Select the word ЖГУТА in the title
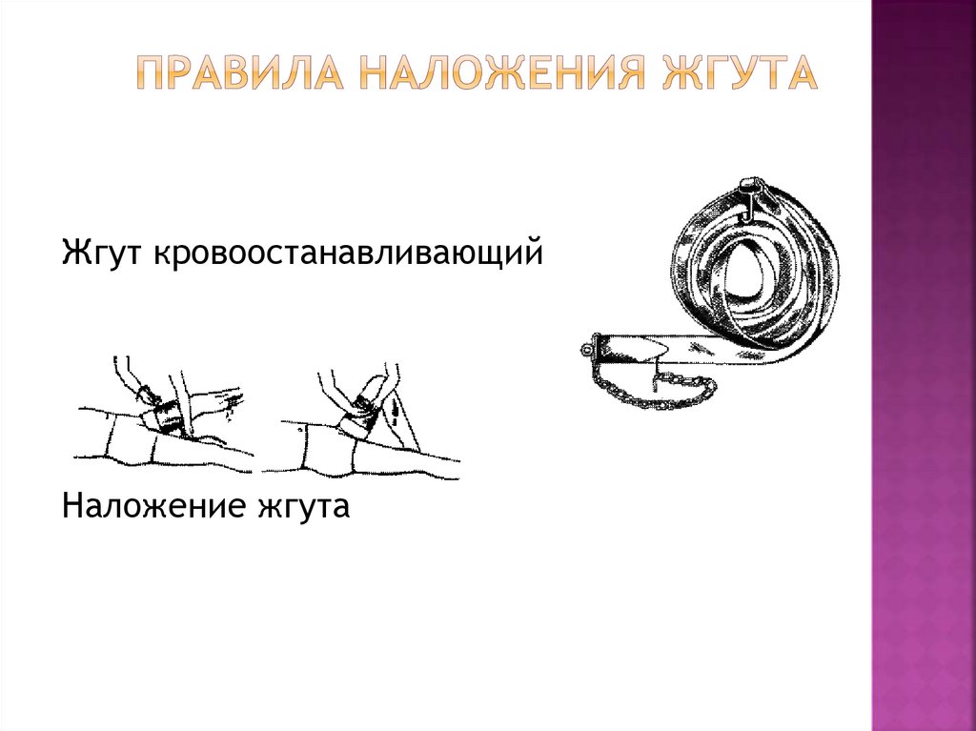coord(739,72)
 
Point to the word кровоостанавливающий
coord(348,254)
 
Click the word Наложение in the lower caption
coord(154,505)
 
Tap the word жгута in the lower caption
coord(303,508)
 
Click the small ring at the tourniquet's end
coord(585,350)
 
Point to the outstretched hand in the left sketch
coord(218,397)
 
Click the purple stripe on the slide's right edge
coord(924,366)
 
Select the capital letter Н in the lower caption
coord(72,505)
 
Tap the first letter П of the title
coord(149,72)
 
